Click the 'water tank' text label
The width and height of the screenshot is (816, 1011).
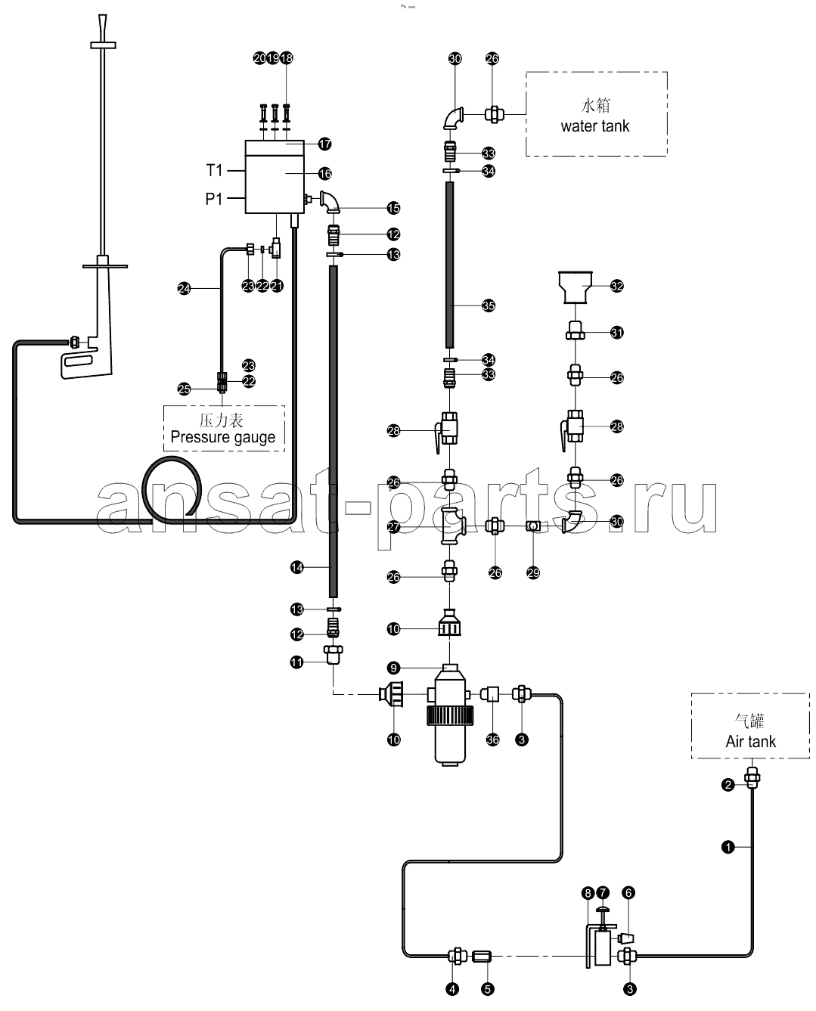[594, 126]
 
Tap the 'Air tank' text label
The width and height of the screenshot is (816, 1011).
[750, 741]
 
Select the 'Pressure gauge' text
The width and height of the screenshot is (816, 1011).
[222, 437]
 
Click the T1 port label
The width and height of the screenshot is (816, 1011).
[214, 170]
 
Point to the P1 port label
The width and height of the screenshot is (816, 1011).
[213, 198]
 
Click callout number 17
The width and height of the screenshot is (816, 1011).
[324, 144]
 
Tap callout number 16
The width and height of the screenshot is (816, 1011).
[324, 174]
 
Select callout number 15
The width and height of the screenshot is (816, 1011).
[393, 208]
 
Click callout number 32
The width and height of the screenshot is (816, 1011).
[616, 286]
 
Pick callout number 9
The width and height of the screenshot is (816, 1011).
[393, 668]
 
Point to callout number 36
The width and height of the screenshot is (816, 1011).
[492, 740]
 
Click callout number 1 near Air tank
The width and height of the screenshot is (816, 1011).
[728, 847]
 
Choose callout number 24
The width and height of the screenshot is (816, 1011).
[184, 288]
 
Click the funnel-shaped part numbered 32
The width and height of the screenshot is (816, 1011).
[575, 287]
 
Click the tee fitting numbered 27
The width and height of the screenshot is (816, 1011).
[451, 526]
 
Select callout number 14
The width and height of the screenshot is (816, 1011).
[296, 567]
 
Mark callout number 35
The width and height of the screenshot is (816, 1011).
[488, 305]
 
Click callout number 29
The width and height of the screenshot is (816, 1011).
[532, 572]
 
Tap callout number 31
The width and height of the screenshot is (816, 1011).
[616, 332]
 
